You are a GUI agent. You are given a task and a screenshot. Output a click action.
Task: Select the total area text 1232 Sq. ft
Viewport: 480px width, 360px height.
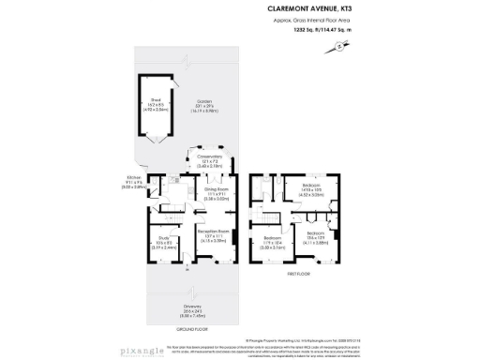click(310, 30)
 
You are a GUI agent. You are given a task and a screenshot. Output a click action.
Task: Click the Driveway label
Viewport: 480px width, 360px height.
click(192, 309)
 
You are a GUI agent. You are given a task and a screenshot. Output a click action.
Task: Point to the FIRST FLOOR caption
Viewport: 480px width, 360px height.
click(298, 275)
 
